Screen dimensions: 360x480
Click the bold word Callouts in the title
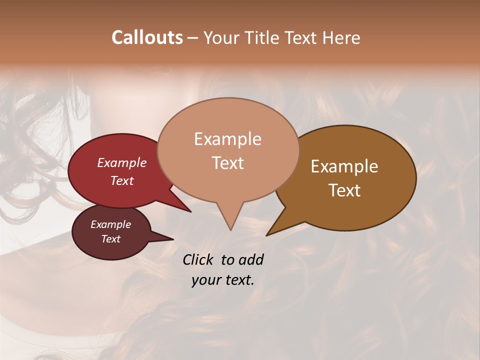point(147,37)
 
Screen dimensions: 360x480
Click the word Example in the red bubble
point(121,162)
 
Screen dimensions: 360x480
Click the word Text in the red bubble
point(121,180)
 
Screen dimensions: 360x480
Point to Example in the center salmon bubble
point(227,139)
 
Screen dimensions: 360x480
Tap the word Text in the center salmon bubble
point(227,162)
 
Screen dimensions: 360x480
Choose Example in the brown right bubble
point(344,166)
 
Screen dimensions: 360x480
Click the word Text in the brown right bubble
point(344,190)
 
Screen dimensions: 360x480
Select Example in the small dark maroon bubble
point(110,224)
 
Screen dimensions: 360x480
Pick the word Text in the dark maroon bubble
point(110,239)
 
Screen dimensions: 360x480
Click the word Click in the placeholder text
point(198,259)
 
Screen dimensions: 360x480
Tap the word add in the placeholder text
point(251,259)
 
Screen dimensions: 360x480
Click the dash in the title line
point(193,37)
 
